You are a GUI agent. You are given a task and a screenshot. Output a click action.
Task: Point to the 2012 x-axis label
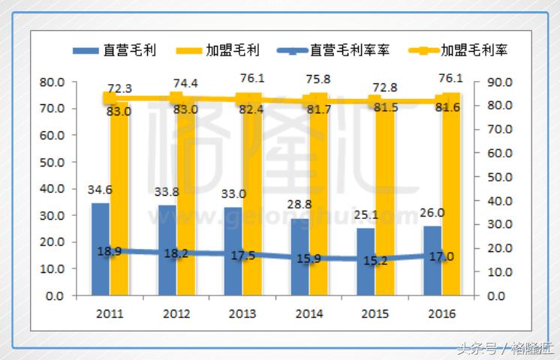[x=176, y=313]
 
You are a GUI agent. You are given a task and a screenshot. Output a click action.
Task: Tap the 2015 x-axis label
[x=375, y=313]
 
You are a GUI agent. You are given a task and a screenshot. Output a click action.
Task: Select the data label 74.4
[x=184, y=83]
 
